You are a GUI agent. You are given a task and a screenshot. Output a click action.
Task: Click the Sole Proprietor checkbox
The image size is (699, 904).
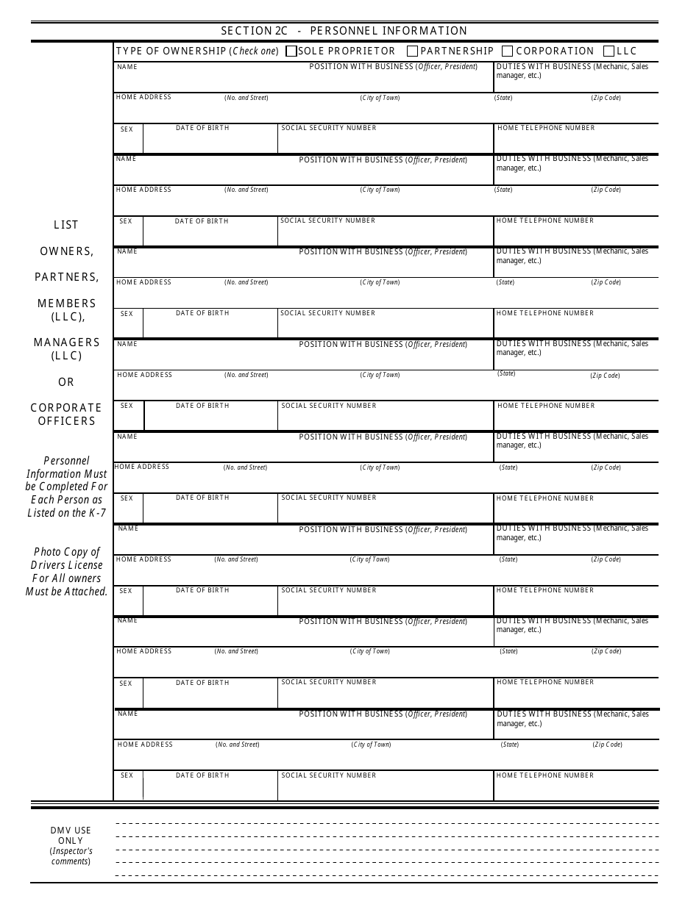coord(291,51)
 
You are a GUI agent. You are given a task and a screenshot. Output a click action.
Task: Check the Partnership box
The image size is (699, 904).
coord(412,51)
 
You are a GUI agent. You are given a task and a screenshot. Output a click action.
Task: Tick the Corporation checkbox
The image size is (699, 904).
coord(508,51)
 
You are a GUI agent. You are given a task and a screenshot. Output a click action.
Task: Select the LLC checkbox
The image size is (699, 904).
coord(608,51)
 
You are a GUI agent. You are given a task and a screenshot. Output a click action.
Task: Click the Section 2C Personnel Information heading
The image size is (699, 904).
coord(344,31)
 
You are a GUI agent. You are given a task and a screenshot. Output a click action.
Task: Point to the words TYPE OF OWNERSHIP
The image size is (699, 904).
coord(171,51)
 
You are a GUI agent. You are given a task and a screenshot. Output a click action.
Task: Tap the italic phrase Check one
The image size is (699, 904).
coord(255,51)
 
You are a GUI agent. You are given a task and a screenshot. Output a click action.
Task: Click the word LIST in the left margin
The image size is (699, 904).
coord(66,225)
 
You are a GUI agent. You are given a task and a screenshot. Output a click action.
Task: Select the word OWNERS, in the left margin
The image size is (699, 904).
coord(66,251)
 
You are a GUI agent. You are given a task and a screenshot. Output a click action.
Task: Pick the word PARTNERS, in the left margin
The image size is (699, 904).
coord(66,277)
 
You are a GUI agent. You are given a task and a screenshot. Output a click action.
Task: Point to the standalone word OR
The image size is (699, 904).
coord(66,382)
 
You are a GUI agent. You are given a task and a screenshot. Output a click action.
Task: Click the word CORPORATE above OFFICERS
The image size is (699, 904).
coord(66,408)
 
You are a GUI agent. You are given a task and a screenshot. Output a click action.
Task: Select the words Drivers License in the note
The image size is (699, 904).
coord(66,565)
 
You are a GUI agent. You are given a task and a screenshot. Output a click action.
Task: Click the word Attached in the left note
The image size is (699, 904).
coord(87,592)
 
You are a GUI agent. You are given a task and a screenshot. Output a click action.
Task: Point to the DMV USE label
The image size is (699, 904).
coord(71,831)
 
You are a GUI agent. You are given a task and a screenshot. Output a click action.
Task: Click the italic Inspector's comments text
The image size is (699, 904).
coord(71,856)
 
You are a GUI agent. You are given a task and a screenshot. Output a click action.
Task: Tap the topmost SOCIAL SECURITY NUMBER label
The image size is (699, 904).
coord(328,128)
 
